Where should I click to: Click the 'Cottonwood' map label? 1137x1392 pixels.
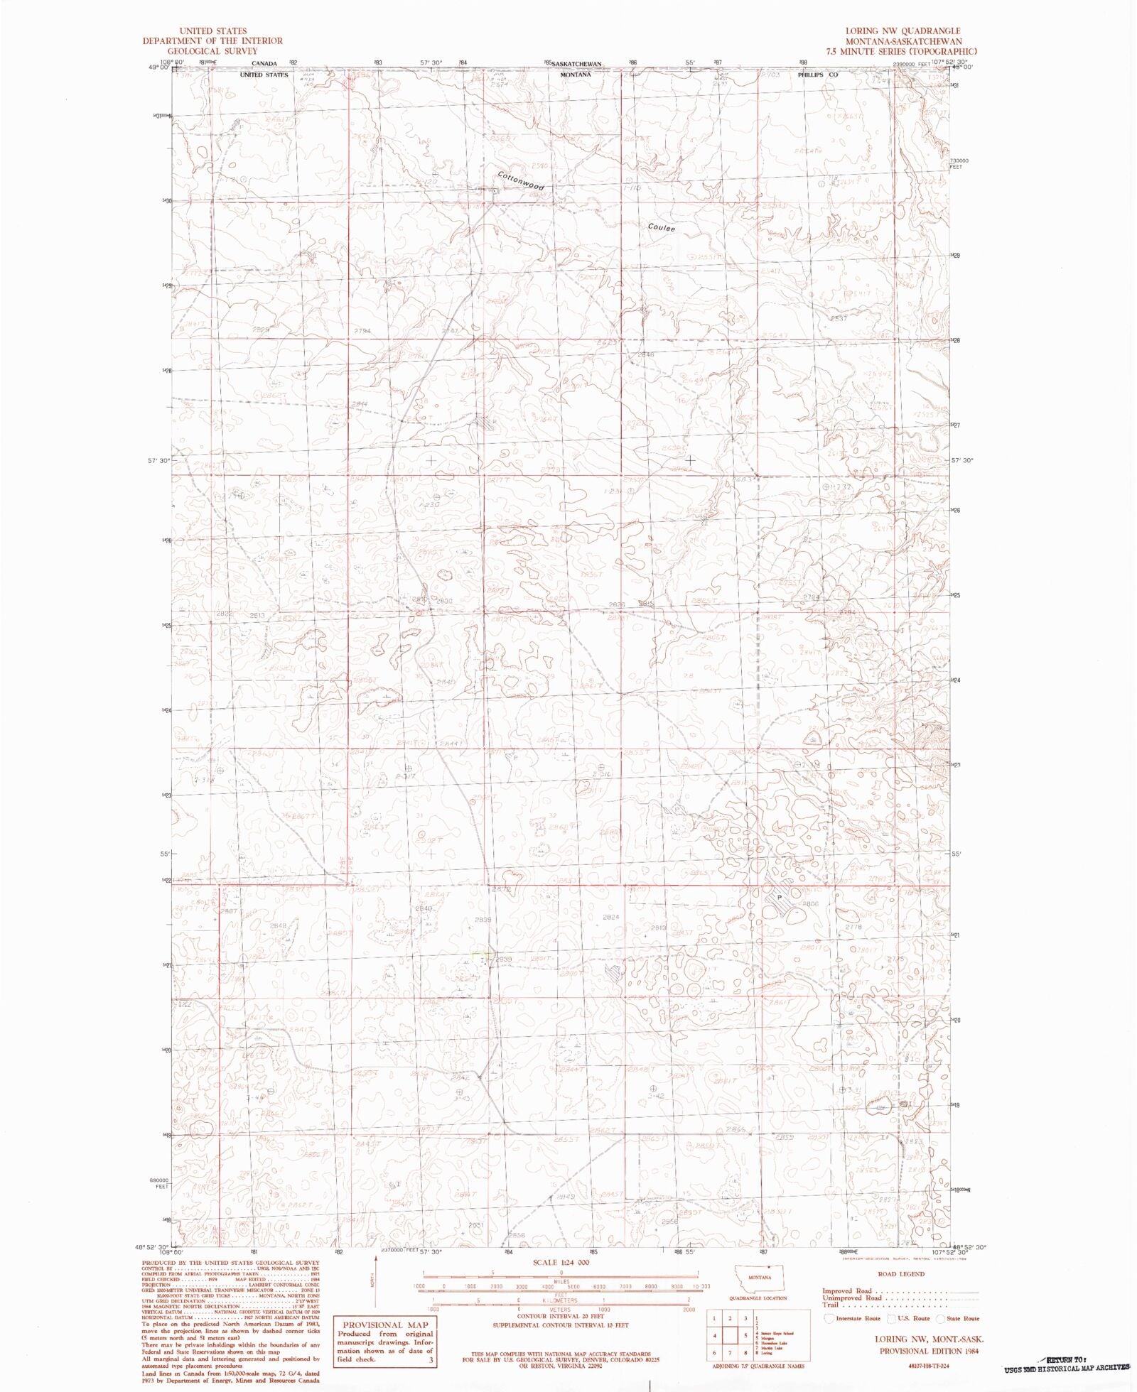(x=521, y=181)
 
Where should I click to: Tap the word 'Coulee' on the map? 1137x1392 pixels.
(x=662, y=228)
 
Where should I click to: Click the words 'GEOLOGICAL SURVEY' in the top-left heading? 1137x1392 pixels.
(x=212, y=51)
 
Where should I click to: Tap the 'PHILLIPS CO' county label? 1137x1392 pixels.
(x=818, y=75)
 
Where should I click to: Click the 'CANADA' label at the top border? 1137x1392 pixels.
(x=263, y=64)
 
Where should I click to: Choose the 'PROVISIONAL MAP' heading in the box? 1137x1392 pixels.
(x=386, y=1325)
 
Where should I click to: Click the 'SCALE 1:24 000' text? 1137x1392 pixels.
(x=561, y=1262)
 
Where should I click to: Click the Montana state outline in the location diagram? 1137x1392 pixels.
(x=760, y=1277)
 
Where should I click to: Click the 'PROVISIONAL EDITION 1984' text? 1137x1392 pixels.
(x=929, y=1351)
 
